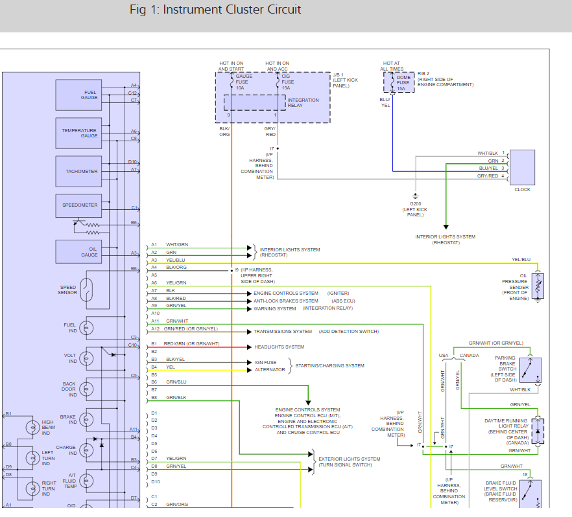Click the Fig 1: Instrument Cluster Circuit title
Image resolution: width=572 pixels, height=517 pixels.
[x=215, y=10]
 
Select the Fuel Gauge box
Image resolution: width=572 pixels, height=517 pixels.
[x=78, y=95]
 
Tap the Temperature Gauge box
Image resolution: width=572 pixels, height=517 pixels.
[x=78, y=133]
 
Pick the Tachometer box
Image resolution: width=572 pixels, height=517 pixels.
[x=78, y=171]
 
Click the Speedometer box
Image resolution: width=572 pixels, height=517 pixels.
[x=78, y=205]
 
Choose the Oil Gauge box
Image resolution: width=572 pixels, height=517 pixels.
[x=78, y=251]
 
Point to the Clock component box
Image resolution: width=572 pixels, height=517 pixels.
[x=522, y=167]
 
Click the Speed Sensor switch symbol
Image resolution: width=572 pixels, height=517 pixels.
[x=86, y=290]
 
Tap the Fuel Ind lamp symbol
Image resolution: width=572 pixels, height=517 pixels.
[x=86, y=328]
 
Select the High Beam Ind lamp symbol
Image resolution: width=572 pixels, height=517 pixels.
[x=33, y=427]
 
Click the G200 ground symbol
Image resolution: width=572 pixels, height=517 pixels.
[x=416, y=196]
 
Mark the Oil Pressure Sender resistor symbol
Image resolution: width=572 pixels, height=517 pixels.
[x=538, y=286]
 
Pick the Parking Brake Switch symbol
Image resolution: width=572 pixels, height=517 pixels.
[x=530, y=370]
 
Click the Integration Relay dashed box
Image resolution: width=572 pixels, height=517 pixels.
[x=255, y=102]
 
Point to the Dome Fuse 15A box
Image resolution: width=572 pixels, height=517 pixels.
[x=399, y=82]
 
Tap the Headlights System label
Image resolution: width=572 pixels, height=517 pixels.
[x=279, y=347]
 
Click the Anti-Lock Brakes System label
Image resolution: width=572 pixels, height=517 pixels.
[x=286, y=301]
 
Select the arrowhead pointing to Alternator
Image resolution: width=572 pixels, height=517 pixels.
[x=250, y=370]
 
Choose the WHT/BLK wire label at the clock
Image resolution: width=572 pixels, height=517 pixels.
[x=488, y=153]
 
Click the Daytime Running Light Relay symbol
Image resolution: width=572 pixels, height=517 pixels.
[x=538, y=431]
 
